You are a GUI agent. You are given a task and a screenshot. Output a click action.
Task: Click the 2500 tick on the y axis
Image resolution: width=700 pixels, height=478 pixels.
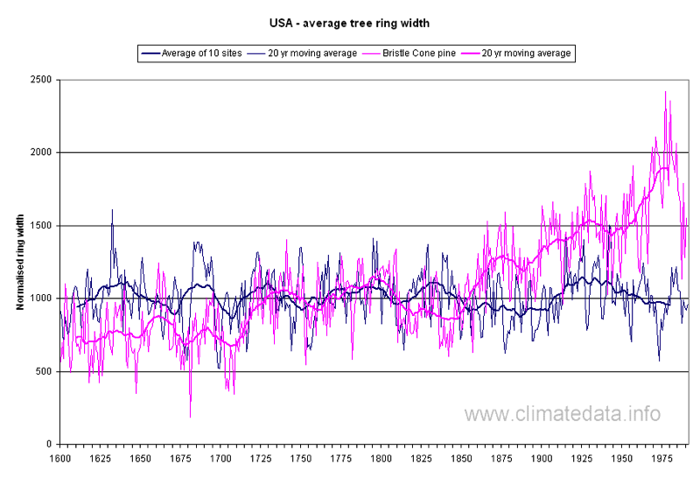(x=39, y=80)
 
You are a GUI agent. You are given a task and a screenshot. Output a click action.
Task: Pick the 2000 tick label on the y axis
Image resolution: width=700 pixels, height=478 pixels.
(x=39, y=152)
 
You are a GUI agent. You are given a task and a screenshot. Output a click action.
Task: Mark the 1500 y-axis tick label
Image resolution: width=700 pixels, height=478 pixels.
(x=39, y=226)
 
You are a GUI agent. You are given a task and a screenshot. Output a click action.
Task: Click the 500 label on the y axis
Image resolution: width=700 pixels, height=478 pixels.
(x=43, y=372)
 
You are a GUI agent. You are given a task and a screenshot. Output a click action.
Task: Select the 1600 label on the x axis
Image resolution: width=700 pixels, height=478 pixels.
(x=59, y=458)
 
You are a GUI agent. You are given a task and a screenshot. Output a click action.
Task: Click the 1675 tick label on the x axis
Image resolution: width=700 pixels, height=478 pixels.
(x=180, y=458)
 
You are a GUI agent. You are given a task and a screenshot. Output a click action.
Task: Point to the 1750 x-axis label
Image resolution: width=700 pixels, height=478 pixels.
(x=301, y=458)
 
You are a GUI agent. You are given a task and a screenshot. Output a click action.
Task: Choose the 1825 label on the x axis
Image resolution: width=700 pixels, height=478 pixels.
(x=422, y=458)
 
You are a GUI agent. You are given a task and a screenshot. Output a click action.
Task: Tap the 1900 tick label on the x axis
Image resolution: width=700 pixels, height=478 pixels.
(x=542, y=458)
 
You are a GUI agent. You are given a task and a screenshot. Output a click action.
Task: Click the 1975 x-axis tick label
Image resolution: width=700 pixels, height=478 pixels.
(x=663, y=458)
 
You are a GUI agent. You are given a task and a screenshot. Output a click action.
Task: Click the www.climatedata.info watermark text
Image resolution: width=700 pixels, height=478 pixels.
(x=563, y=414)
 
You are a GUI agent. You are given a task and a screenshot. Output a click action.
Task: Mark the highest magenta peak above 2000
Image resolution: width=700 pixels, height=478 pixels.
(x=665, y=91)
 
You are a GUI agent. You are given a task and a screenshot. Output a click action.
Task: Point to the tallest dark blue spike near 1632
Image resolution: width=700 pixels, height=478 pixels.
(x=112, y=210)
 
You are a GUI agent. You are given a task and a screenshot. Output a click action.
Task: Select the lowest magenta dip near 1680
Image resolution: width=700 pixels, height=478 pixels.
(x=190, y=417)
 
